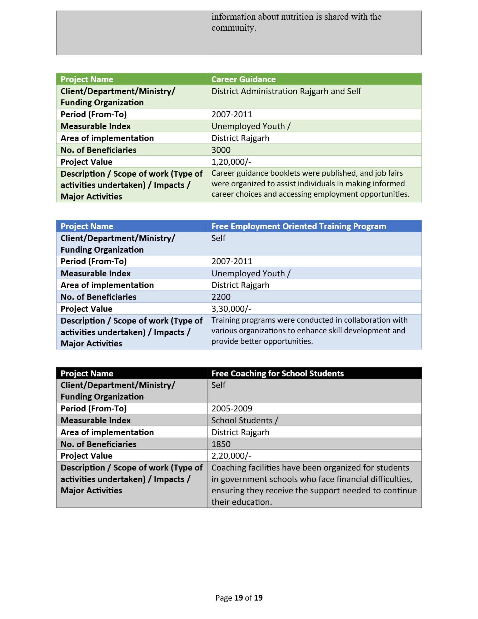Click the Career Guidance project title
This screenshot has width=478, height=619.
tap(243, 79)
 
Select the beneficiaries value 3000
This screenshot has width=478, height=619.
tap(221, 150)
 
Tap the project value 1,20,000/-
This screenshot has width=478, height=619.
tap(231, 162)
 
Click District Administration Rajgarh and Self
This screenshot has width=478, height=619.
tap(286, 91)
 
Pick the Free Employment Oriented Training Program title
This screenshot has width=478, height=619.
tap(299, 226)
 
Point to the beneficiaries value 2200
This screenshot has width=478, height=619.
tap(221, 297)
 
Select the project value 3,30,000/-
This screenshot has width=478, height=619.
tap(231, 309)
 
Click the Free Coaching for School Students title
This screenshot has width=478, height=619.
tap(277, 374)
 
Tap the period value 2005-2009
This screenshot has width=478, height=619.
tap(232, 409)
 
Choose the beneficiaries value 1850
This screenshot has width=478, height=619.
tap(221, 444)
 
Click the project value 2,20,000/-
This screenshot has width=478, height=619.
tap(231, 456)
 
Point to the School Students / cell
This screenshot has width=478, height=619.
tap(245, 420)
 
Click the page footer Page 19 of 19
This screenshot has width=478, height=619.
tap(239, 598)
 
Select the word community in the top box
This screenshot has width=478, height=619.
tap(234, 28)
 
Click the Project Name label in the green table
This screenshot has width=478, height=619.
tap(87, 79)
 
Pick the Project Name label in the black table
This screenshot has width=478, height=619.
tap(87, 374)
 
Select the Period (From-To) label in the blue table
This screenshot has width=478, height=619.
tap(93, 261)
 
